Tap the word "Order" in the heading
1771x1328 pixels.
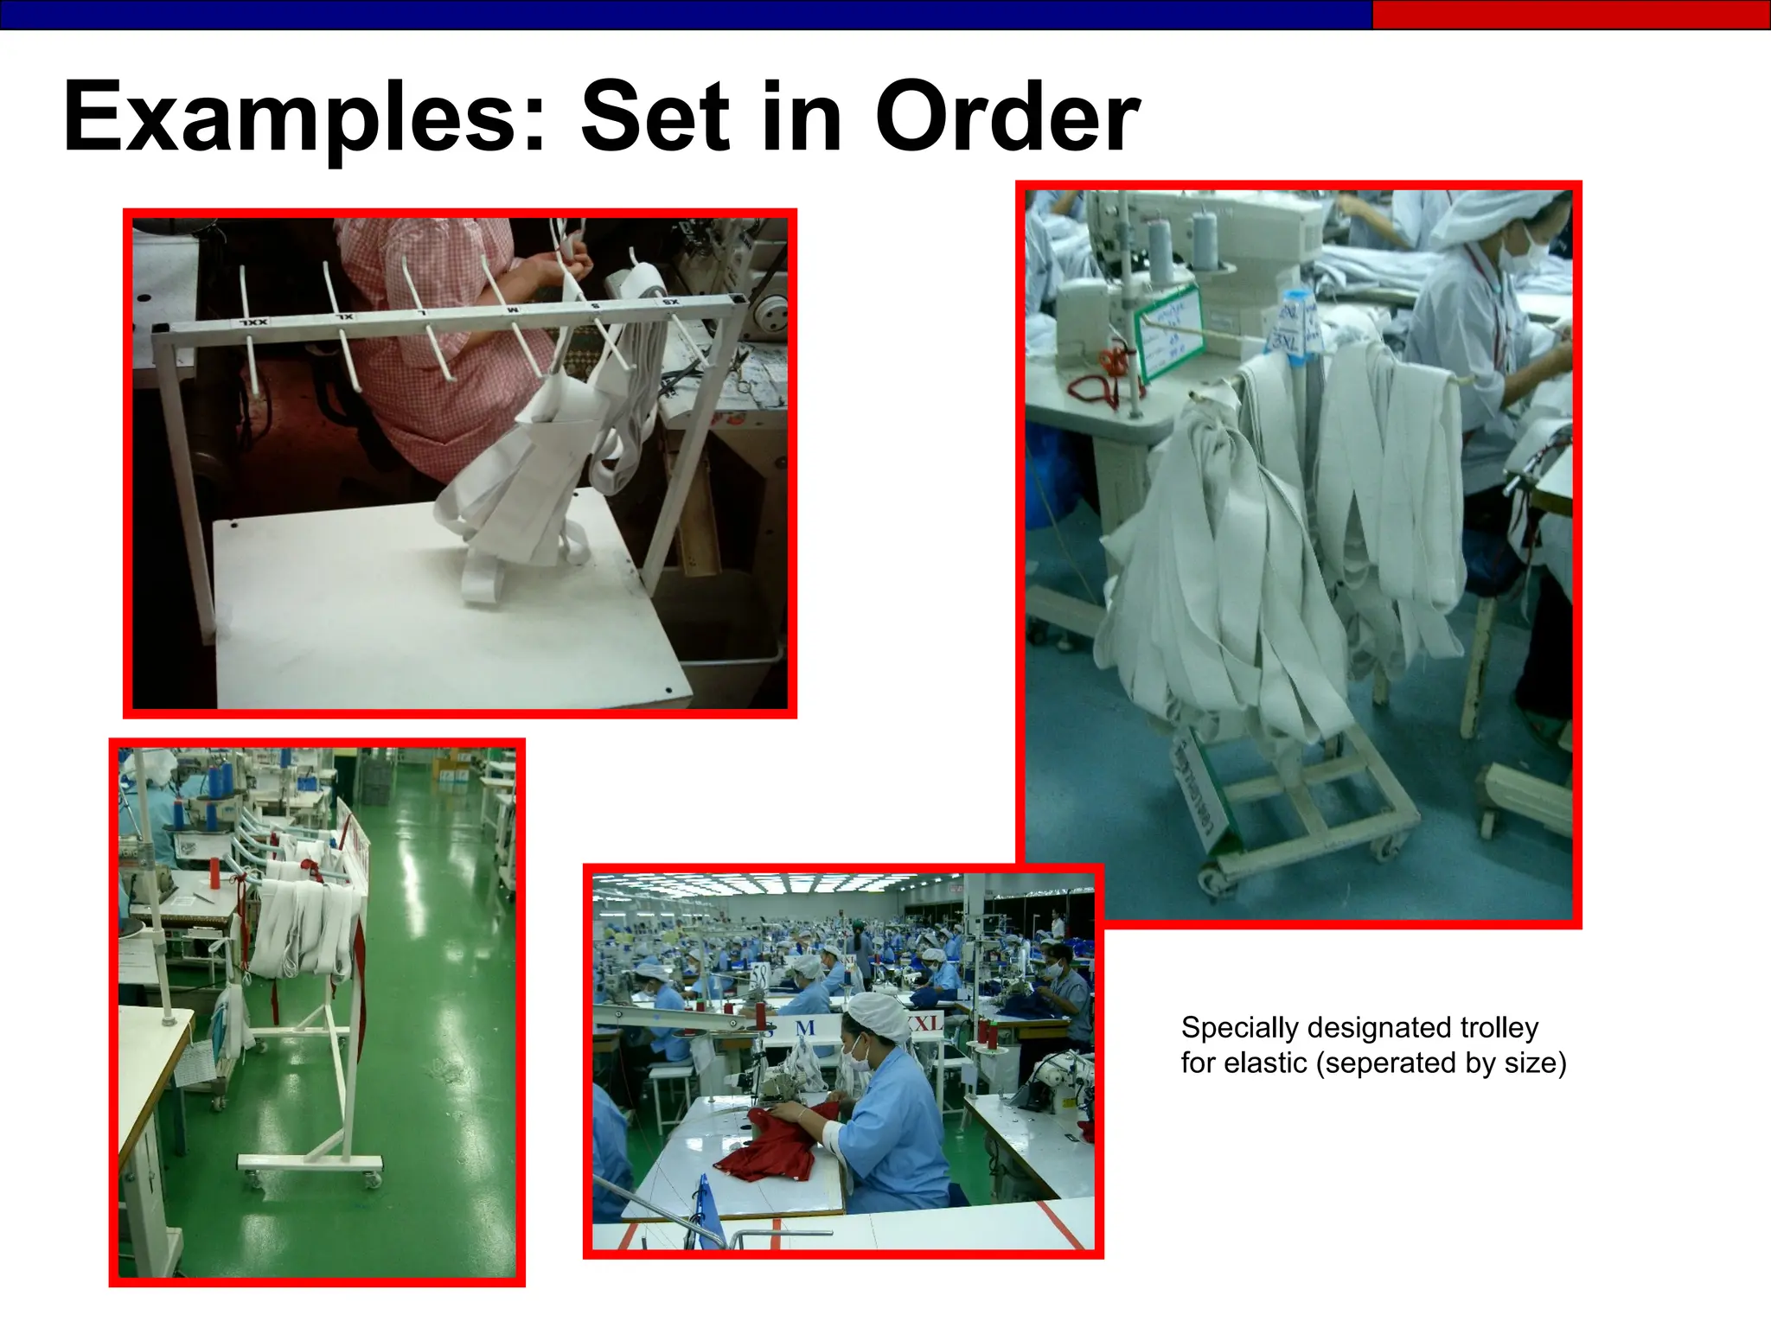[1007, 117]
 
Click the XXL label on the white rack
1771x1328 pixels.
[254, 322]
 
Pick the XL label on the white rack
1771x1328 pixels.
[345, 316]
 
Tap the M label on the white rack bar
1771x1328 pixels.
[513, 309]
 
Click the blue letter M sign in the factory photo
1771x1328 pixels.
[805, 1028]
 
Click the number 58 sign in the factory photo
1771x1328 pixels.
[758, 975]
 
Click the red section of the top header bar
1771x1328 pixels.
[1570, 15]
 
